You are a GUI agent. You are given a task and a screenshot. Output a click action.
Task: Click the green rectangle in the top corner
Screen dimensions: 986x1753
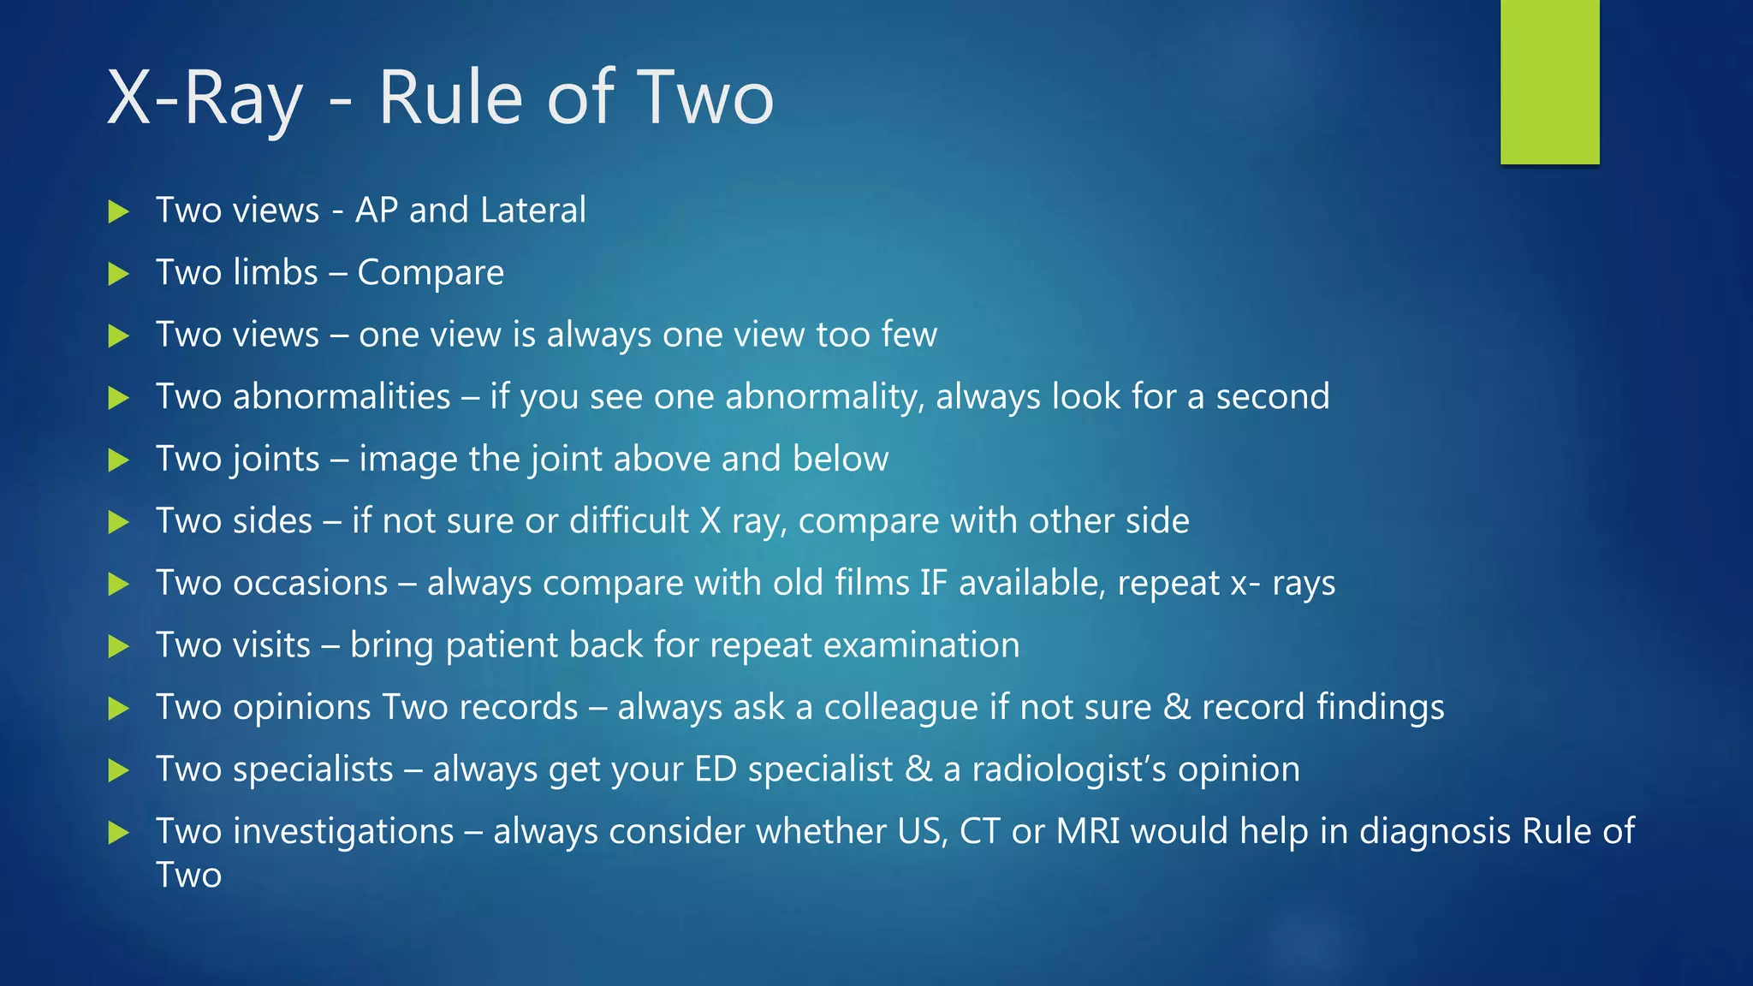click(1549, 81)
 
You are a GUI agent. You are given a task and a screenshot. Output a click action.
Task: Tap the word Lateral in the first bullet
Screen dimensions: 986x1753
click(533, 211)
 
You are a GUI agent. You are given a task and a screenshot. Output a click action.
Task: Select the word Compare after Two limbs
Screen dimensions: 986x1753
click(431, 273)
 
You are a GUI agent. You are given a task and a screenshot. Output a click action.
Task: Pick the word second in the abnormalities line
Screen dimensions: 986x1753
click(1273, 397)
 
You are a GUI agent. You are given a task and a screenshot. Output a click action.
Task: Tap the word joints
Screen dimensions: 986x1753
click(276, 460)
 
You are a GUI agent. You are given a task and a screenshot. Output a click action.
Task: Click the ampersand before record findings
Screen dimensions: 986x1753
click(1177, 708)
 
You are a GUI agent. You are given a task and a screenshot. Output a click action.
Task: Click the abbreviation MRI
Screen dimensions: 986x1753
click(1088, 832)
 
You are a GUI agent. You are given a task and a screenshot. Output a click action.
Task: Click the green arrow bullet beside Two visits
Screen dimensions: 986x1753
click(119, 646)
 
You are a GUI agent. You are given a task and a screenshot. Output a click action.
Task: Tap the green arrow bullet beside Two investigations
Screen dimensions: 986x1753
click(119, 833)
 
